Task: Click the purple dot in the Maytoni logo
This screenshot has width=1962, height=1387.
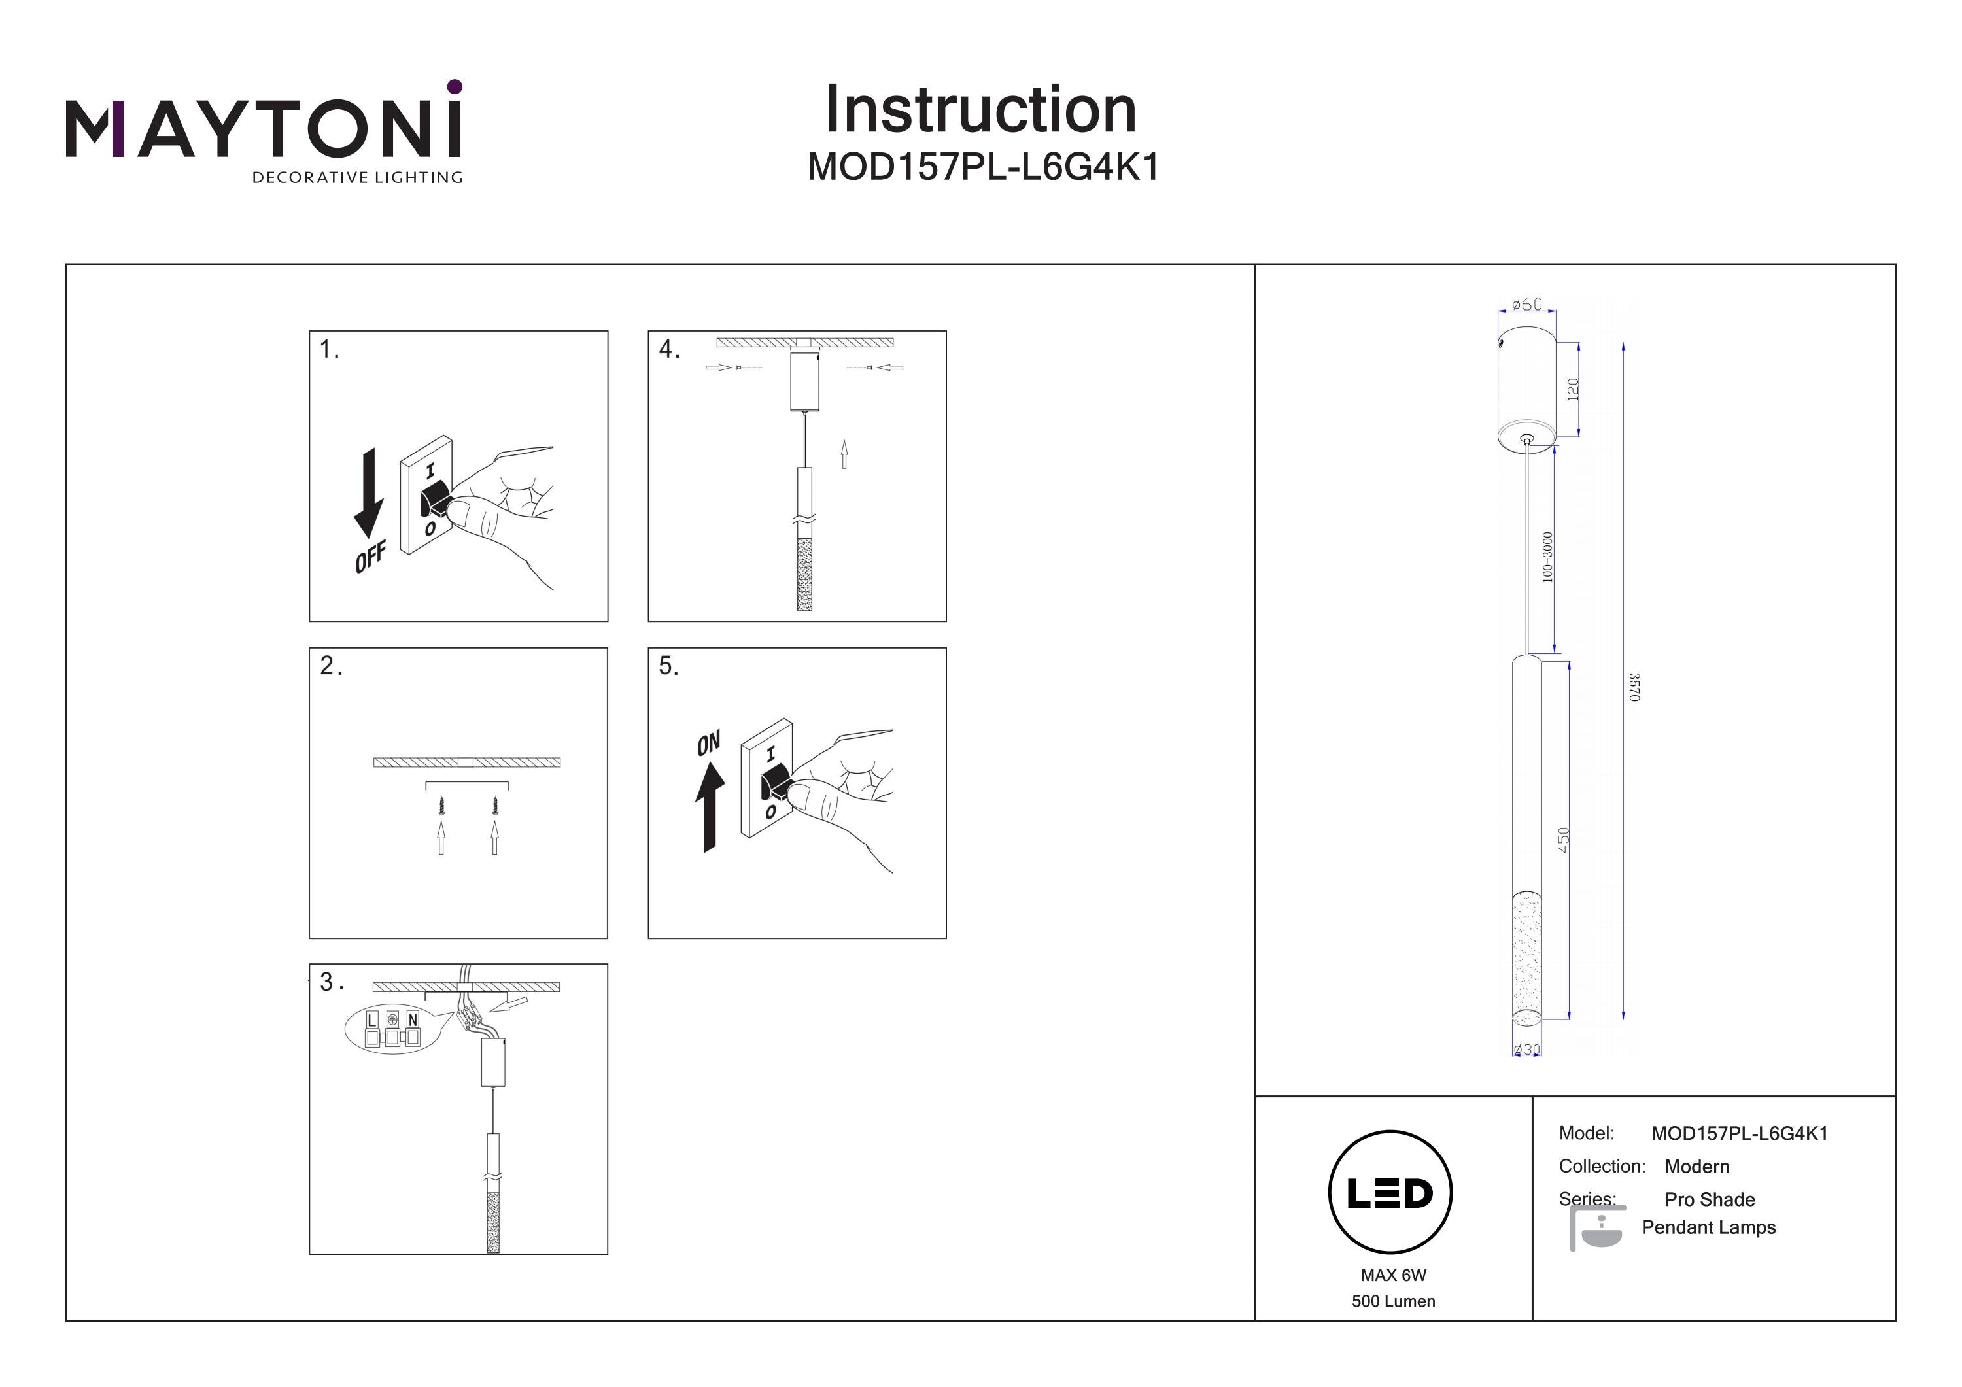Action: [455, 86]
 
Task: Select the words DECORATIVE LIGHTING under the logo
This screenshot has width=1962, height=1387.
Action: [357, 178]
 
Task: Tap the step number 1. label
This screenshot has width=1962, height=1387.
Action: [329, 349]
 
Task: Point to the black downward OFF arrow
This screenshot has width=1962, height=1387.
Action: [368, 494]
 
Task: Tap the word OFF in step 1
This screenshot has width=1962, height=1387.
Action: [370, 557]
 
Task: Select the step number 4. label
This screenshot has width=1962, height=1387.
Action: [669, 349]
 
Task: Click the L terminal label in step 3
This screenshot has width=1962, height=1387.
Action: [371, 1020]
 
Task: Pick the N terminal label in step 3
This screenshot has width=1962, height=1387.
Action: [413, 1020]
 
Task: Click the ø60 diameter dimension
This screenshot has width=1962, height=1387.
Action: [1526, 304]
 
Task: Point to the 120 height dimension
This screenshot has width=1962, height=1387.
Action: [1573, 389]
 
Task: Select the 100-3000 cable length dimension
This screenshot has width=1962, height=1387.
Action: [1547, 557]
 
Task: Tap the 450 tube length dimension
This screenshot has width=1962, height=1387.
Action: [1564, 839]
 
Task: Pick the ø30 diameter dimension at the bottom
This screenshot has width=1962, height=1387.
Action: [1526, 1050]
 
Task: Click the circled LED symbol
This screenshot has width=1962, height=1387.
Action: [1390, 1193]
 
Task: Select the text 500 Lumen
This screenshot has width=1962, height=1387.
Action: [1393, 1301]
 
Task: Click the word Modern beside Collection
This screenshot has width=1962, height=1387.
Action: [1696, 1167]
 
